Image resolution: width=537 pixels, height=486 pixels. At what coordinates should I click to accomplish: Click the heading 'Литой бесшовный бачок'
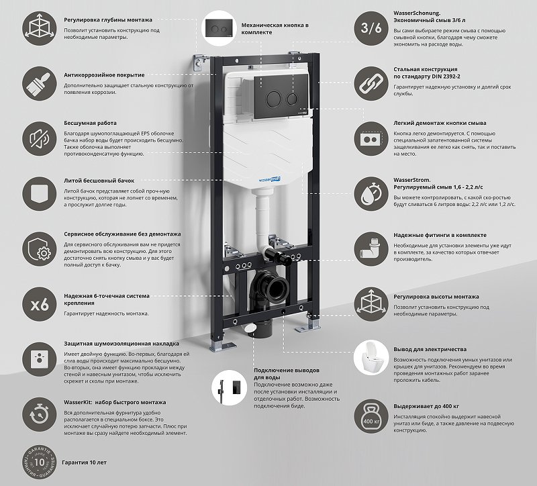click(99, 181)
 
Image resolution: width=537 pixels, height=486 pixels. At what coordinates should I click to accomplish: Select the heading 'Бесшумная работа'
click(90, 124)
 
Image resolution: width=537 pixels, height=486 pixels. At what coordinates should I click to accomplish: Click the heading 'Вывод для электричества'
click(430, 349)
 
